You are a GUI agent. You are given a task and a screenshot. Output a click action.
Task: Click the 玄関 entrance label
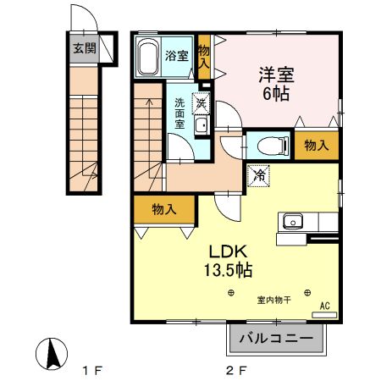click(x=84, y=48)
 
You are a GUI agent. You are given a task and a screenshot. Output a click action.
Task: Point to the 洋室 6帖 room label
click(x=275, y=83)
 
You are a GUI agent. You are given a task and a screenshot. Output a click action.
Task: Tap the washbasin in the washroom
click(x=202, y=127)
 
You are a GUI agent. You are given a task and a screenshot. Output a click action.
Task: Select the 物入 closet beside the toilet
click(x=317, y=146)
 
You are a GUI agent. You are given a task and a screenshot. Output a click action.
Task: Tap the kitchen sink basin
click(x=292, y=222)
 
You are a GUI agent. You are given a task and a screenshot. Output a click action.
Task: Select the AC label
click(x=324, y=306)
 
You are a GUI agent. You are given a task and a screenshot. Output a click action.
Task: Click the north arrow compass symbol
click(x=53, y=352)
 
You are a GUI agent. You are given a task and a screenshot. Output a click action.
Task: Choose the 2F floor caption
click(x=235, y=370)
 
